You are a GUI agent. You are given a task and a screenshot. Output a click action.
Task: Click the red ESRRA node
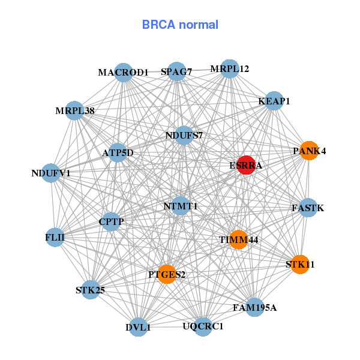[246, 165]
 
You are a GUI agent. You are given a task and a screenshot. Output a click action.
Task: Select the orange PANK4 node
[309, 151]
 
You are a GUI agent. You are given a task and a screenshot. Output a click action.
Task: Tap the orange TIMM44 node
[238, 239]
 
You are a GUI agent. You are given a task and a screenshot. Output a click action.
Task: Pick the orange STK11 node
[300, 264]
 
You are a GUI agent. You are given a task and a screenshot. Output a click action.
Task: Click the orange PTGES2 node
[167, 274]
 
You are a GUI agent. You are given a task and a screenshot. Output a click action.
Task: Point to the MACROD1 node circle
[123, 73]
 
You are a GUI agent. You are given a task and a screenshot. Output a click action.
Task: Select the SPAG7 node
[176, 72]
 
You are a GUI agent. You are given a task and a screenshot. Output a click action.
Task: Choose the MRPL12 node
[229, 69]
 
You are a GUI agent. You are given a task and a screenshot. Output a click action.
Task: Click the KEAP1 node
[274, 101]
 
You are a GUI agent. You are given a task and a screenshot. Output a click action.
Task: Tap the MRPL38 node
[74, 111]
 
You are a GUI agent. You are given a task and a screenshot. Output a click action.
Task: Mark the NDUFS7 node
[184, 135]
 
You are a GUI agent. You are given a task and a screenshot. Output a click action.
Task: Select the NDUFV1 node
[51, 173]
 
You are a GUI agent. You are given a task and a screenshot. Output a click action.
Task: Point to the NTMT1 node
[181, 206]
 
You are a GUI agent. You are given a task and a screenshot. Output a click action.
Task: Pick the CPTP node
[111, 222]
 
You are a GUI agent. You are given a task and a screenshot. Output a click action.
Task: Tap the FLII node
[55, 238]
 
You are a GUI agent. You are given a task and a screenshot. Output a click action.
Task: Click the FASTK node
[308, 208]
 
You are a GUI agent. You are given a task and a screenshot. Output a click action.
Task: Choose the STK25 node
[91, 290]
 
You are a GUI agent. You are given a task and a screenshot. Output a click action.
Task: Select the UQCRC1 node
[203, 326]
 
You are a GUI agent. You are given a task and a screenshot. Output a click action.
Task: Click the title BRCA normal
[180, 25]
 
